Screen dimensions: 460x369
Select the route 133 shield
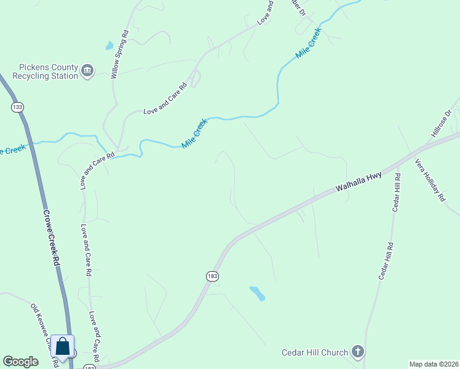[17, 107]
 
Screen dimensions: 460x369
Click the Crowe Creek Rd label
[51, 238]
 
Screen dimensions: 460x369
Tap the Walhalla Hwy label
[359, 183]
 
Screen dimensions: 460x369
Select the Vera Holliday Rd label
[429, 180]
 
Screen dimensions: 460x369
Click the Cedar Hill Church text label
[315, 352]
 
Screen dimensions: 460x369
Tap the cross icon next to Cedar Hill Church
[358, 352]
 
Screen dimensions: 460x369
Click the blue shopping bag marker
[63, 346]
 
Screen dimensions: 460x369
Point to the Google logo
[21, 362]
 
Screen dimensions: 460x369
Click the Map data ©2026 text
[434, 363]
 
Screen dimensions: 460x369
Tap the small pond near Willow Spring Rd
[109, 46]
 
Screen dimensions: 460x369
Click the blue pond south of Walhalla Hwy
[257, 293]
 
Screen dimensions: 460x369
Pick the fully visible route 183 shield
[212, 277]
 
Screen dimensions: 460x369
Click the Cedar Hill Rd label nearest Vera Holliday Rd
[397, 193]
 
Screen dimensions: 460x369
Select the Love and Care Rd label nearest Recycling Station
[165, 100]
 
